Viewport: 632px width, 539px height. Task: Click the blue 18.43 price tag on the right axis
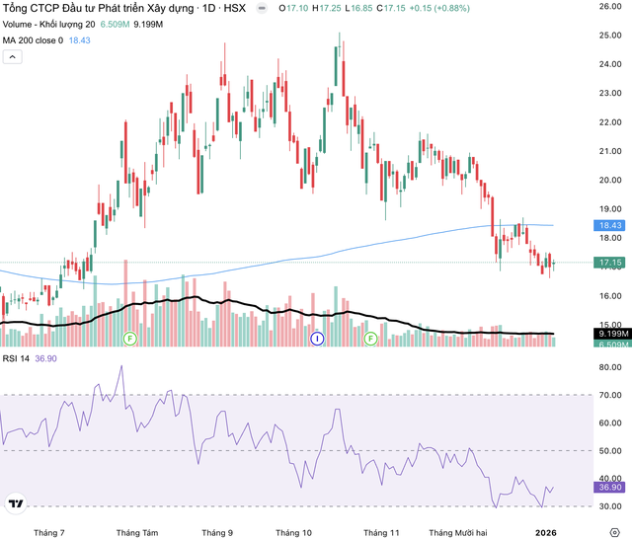pos(607,225)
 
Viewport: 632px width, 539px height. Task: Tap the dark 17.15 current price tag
pos(607,264)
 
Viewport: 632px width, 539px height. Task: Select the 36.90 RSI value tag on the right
pos(607,488)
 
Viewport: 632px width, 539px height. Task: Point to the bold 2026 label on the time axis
pos(545,531)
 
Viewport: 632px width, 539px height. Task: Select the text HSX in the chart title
pos(233,8)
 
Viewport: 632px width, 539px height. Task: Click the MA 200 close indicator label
pos(34,39)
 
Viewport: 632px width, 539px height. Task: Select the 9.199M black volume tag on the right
pos(607,334)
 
